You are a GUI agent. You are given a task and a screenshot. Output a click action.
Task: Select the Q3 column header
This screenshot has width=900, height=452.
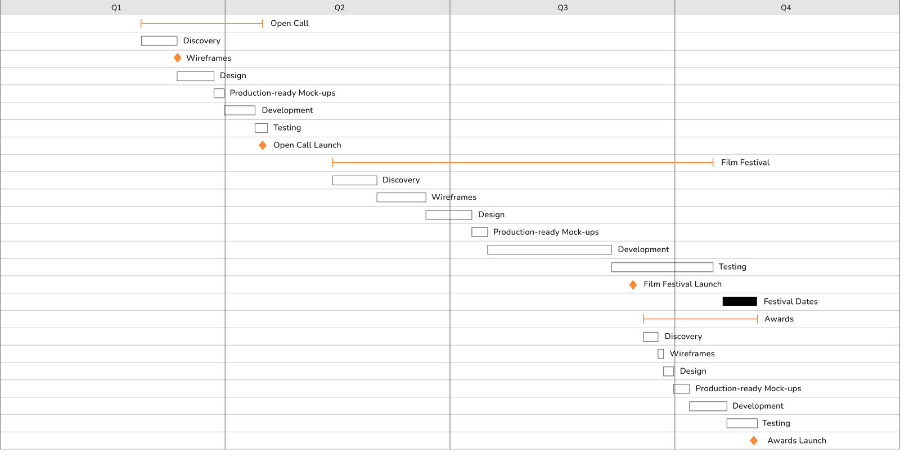(562, 8)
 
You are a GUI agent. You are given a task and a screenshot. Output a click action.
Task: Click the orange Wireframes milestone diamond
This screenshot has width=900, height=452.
(177, 58)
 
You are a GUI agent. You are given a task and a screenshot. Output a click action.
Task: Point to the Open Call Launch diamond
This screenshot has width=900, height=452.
(262, 145)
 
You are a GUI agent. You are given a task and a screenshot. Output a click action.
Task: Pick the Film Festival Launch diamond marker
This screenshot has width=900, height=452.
(633, 285)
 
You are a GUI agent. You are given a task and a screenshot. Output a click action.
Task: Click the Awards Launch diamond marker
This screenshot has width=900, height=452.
(754, 441)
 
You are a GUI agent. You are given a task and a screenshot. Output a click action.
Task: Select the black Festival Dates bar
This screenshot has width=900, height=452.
(740, 302)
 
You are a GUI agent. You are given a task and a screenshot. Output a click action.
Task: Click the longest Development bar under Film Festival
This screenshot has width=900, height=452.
(549, 250)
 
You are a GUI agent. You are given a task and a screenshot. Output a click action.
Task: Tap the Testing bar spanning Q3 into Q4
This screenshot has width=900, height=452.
(662, 267)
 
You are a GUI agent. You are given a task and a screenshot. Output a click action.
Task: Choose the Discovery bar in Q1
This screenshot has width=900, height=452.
(159, 41)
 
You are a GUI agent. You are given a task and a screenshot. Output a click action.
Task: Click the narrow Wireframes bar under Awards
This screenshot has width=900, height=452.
(660, 354)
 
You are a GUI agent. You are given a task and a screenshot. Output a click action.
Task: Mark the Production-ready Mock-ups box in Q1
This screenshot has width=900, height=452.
(219, 93)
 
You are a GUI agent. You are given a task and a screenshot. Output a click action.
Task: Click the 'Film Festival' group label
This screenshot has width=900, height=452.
(745, 163)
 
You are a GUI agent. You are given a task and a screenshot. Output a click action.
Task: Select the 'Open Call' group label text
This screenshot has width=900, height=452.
(289, 23)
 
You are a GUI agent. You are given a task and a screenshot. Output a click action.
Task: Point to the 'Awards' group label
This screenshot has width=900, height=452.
(778, 319)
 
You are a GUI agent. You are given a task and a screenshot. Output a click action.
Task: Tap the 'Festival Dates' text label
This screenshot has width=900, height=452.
(790, 302)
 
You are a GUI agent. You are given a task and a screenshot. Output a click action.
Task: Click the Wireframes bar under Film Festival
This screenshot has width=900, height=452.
(402, 198)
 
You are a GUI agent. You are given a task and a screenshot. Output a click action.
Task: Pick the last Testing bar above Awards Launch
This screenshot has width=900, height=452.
(742, 423)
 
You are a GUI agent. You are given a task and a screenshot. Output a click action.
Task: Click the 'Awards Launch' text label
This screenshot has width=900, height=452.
(796, 441)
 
